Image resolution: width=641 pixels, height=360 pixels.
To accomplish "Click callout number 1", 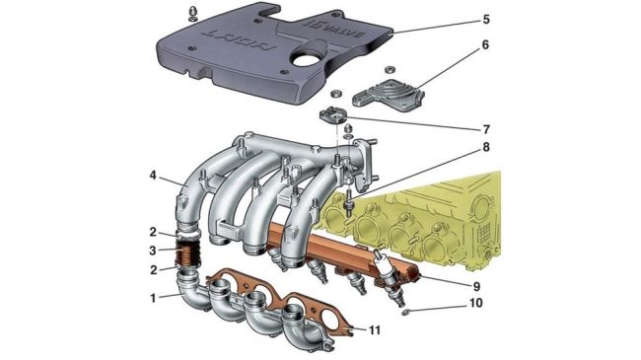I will [153, 296].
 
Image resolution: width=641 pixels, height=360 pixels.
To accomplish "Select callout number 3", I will [153, 250].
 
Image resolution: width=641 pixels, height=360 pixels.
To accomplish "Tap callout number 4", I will [153, 177].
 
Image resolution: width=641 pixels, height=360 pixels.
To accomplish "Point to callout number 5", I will [485, 19].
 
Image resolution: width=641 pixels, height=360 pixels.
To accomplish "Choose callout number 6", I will [485, 47].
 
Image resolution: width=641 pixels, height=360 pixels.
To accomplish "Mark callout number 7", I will [485, 129].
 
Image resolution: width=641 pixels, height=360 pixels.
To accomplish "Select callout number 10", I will [485, 305].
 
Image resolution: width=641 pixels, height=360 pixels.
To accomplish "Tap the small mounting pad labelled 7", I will [334, 116].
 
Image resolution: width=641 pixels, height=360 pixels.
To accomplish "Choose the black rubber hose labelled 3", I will [185, 250].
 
